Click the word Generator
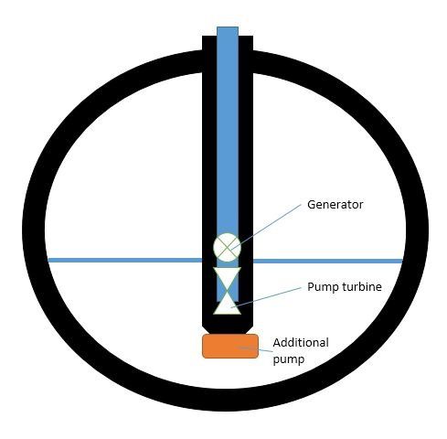pos(335,204)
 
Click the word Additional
pos(301,342)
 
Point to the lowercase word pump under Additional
pos(288,359)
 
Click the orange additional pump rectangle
pos(230,346)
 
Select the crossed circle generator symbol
pos(227,247)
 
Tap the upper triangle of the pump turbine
pos(228,275)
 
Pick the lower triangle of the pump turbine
pos(228,305)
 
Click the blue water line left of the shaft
pos(125,260)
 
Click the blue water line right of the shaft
pos(328,261)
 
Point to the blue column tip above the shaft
pos(228,31)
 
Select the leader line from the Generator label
pos(266,227)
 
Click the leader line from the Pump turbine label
pos(266,297)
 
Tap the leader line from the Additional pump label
pos(254,349)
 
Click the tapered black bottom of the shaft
pos(228,325)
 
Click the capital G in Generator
pos(311,204)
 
